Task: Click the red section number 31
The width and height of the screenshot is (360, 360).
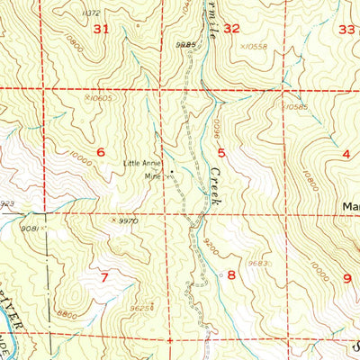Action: tap(100, 30)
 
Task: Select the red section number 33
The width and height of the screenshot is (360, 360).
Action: tap(346, 29)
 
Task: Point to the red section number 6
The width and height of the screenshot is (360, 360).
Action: tap(101, 152)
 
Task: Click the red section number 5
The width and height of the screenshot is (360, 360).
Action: tap(220, 153)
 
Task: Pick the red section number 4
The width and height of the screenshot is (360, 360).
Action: tap(346, 154)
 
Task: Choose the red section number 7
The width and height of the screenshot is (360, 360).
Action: tap(104, 276)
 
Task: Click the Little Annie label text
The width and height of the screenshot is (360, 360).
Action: tap(142, 163)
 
